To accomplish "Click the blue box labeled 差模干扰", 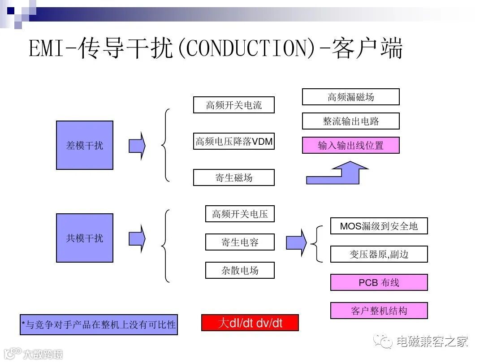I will coord(84,145).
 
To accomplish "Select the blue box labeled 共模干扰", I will coord(84,238).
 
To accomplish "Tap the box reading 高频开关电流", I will coord(233,105).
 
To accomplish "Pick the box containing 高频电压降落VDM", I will coord(233,141).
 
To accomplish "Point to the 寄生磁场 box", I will coord(233,177).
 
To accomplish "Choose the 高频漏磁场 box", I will coord(350,97).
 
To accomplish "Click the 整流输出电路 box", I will coord(350,121).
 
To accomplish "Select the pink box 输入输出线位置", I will coord(350,145).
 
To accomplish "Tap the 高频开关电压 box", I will coord(240,214).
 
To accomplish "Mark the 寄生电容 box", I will coord(240,242).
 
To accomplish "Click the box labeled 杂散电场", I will coord(240,270).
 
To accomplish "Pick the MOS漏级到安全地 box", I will coord(379,226).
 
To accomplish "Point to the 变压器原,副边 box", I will coord(379,254).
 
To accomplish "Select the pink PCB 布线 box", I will coord(379,282).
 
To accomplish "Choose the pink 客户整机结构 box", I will coord(379,311).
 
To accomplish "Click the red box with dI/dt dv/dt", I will coord(250,323).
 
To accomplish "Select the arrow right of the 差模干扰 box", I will coord(137,146).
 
